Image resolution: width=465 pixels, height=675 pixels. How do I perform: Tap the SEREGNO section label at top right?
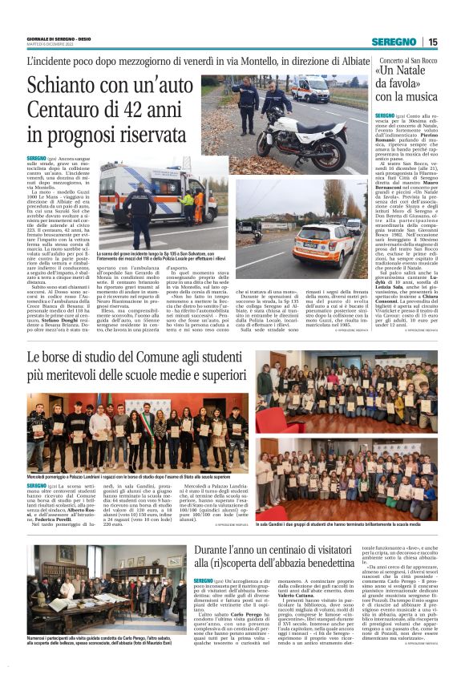(394, 42)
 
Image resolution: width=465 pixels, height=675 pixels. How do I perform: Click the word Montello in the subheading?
(239, 60)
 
